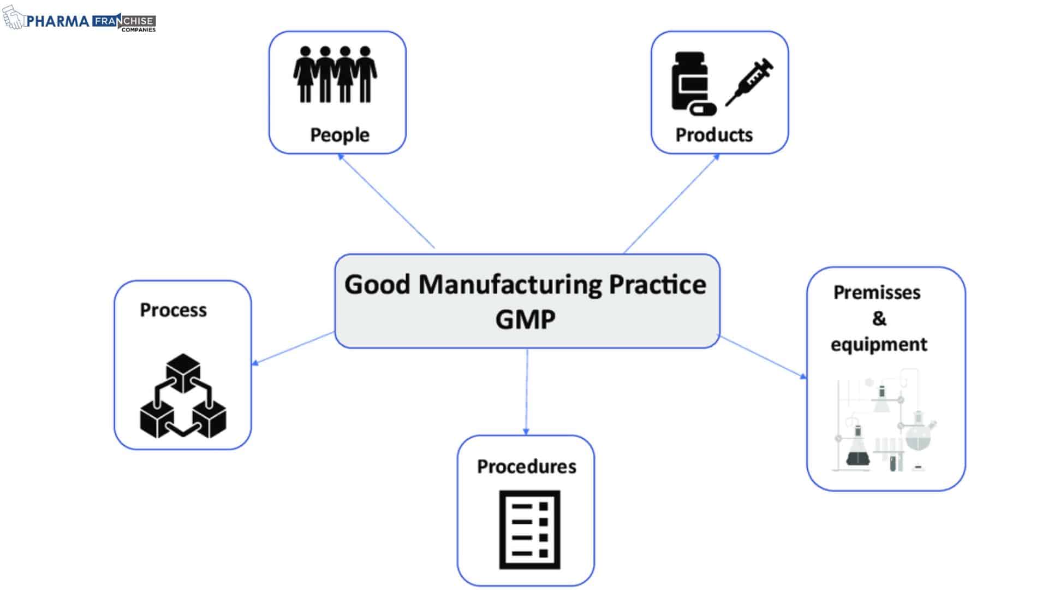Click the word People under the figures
340,135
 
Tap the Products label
714,135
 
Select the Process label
173,310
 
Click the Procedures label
526,467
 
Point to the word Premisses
877,293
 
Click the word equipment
879,345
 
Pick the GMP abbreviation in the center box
525,320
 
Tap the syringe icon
749,82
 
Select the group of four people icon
335,74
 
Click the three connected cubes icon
183,396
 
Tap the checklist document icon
529,529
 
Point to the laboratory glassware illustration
884,421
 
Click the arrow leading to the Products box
671,203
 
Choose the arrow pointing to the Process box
293,348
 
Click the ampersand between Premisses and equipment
879,318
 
